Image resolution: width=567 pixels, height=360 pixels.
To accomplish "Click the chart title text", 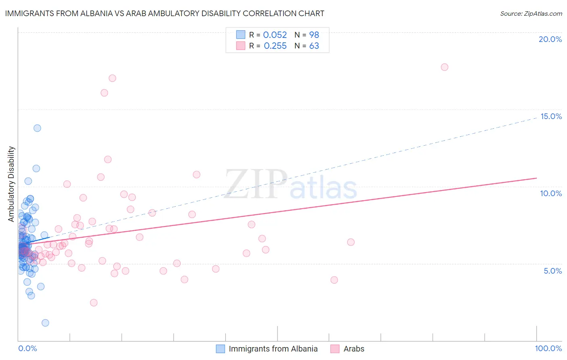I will [x=165, y=13].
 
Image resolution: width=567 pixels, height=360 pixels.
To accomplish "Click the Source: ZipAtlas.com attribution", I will [x=531, y=14].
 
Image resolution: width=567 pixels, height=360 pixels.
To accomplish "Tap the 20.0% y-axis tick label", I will [x=550, y=39].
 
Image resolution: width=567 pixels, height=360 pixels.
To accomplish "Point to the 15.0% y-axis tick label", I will [x=551, y=116].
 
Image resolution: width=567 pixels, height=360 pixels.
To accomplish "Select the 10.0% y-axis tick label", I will [x=551, y=193].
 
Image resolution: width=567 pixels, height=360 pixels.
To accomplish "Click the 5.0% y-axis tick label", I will [x=552, y=271].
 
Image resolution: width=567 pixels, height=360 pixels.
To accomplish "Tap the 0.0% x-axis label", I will [x=27, y=348].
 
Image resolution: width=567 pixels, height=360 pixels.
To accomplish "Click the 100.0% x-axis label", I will [x=548, y=348].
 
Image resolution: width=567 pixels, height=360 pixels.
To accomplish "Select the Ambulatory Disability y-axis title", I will [x=11, y=184].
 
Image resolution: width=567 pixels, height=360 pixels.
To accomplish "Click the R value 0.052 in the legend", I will [x=275, y=35].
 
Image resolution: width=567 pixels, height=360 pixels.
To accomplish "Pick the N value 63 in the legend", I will [x=314, y=46].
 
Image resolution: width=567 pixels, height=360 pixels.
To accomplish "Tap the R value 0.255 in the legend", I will [x=275, y=46].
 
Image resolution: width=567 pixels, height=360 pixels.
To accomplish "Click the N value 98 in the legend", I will [x=314, y=35].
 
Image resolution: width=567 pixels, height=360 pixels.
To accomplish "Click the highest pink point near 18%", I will [x=444, y=67].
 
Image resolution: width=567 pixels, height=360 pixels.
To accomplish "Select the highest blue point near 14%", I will [x=37, y=128].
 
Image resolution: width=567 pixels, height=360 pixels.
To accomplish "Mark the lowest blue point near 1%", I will [x=45, y=323].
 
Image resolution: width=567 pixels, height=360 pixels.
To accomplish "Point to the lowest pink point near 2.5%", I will [x=94, y=303].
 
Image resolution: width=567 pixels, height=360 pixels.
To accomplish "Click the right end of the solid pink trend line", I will [x=536, y=178].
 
